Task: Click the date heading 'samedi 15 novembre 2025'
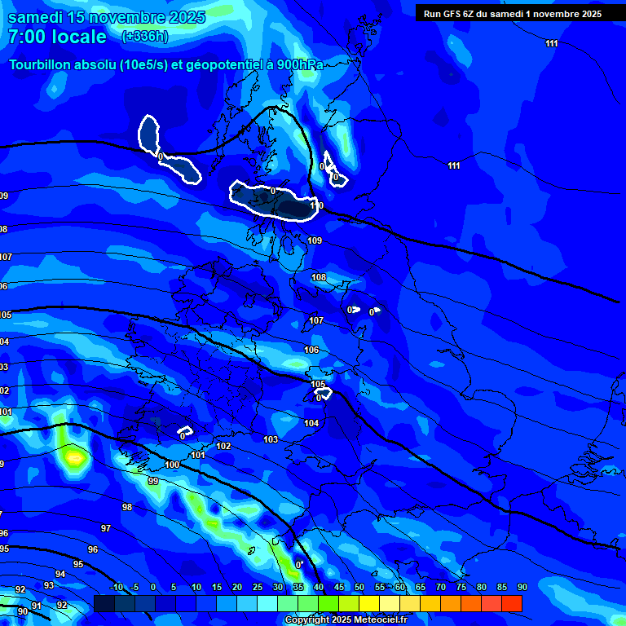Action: click(106, 16)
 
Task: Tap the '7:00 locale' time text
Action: click(57, 37)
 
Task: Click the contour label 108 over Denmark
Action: click(319, 278)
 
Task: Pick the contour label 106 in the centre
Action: click(311, 350)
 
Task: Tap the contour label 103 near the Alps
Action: click(271, 439)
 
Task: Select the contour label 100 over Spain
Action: click(172, 465)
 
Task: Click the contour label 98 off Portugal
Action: click(127, 507)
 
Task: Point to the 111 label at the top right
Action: click(552, 43)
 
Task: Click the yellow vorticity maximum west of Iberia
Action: click(75, 456)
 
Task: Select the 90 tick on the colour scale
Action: click(522, 587)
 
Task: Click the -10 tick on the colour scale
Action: click(117, 587)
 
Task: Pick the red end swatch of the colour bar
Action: click(512, 603)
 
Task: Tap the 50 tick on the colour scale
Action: click(359, 587)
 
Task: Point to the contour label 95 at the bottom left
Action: click(78, 564)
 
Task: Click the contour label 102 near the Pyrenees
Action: click(223, 446)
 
